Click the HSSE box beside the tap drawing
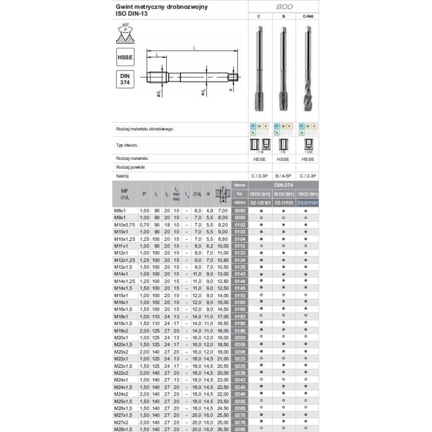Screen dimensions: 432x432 click(x=125, y=57)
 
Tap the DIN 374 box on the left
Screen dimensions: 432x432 click(x=125, y=79)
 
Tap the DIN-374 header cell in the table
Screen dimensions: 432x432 click(x=283, y=185)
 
